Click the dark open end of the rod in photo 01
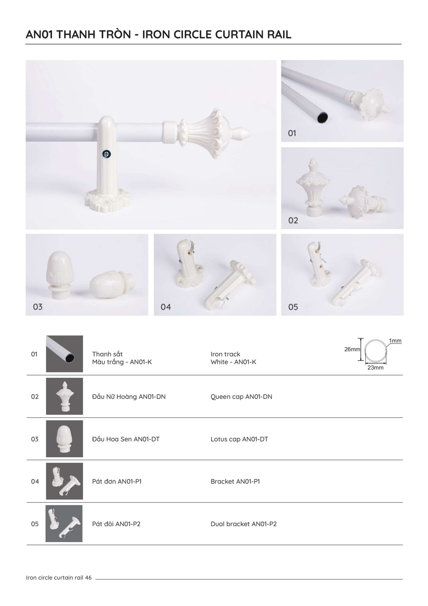coord(323,117)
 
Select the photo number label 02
coord(293,220)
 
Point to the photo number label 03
coord(38,307)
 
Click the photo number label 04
coord(166,307)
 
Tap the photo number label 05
coord(293,307)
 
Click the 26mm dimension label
coord(352,349)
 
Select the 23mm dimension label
coord(375,367)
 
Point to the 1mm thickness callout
coord(395,340)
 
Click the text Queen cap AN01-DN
coord(241,397)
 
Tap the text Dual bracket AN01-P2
coord(243,524)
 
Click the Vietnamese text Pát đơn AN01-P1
coord(117,481)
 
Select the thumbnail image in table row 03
coord(64,439)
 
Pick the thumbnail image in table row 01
coord(64,354)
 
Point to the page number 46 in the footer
coord(88,578)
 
